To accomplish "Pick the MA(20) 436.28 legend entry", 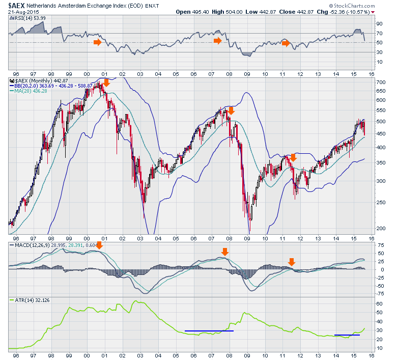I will pos(31,91).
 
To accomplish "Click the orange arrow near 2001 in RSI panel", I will pos(97,42).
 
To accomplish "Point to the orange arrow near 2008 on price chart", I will pos(231,110).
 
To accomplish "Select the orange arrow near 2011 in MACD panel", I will pos(292,262).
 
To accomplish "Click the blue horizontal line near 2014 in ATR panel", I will pos(347,335).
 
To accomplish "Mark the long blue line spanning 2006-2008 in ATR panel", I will pos(209,331).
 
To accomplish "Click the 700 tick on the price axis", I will pos(379,82).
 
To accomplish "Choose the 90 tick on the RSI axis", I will pos(379,23).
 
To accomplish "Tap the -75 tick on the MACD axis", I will pos(379,293).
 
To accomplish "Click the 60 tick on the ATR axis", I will pos(379,303).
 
